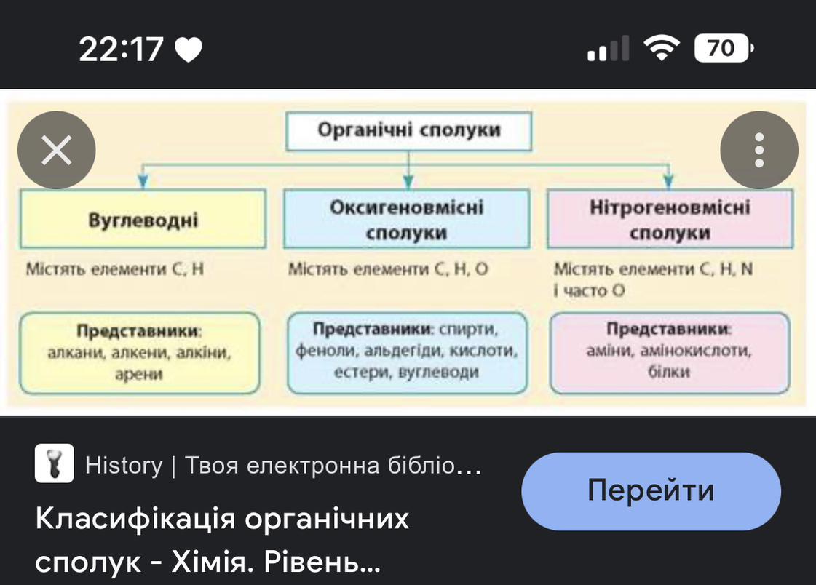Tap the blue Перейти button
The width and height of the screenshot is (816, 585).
(651, 491)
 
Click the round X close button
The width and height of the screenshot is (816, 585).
(57, 151)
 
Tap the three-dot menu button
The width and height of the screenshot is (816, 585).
(759, 151)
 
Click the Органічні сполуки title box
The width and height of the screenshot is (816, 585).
(408, 131)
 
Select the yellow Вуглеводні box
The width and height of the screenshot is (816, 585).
(143, 220)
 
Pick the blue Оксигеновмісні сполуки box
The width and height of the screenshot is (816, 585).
(406, 220)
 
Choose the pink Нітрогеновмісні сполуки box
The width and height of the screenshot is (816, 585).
(669, 220)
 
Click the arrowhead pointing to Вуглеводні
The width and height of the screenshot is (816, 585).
(144, 182)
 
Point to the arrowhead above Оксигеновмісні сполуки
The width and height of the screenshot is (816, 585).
(408, 182)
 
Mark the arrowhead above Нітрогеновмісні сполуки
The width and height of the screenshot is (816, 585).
(669, 182)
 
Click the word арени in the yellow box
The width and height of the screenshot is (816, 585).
(138, 375)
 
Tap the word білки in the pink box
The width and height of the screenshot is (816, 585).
(668, 372)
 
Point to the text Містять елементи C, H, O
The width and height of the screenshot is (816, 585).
(388, 269)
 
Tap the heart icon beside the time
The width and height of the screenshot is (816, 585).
(189, 50)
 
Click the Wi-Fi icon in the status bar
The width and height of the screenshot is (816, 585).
(661, 49)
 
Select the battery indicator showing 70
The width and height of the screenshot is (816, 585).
(723, 49)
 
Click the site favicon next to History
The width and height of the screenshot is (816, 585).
(55, 463)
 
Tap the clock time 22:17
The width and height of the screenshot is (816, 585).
(121, 49)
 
